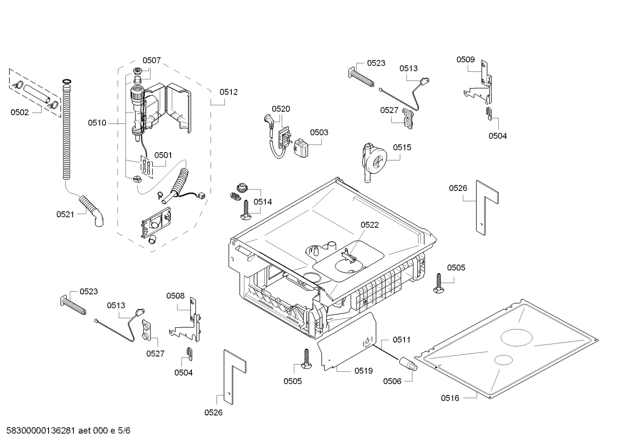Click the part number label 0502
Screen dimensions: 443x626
coord(20,112)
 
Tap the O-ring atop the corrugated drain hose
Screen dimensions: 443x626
coord(66,81)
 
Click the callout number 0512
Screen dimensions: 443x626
coord(228,92)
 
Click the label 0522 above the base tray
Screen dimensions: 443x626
coord(369,225)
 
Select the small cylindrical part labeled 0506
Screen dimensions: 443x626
coord(408,363)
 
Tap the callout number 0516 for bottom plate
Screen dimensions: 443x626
coord(450,398)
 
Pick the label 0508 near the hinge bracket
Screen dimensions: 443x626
coord(175,296)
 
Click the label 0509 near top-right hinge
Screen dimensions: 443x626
coord(465,60)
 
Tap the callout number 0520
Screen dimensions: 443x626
coord(281,109)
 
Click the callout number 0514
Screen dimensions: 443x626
coord(263,202)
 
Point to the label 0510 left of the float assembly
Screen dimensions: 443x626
coord(97,123)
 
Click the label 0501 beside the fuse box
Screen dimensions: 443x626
coord(163,155)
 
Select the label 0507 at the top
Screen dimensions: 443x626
coord(152,60)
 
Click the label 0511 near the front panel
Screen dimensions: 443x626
coord(402,340)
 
